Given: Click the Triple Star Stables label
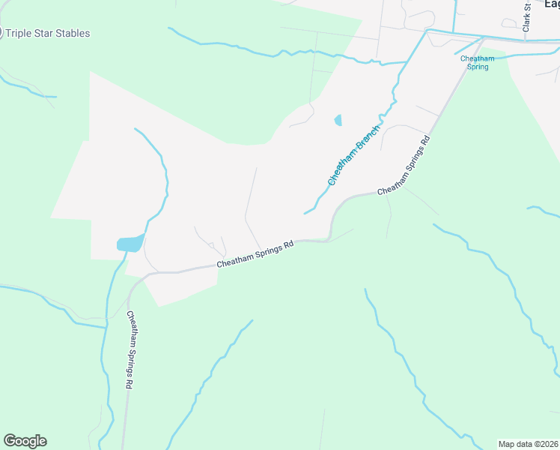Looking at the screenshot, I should (x=48, y=33).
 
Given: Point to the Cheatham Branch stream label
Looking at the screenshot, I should (x=354, y=155).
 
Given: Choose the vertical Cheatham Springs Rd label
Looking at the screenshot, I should (x=130, y=349).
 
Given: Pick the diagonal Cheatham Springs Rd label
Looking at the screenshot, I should (x=404, y=166).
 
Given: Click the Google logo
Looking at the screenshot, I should (x=25, y=441).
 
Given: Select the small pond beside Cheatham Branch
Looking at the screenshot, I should (x=338, y=120).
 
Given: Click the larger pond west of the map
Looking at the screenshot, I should (x=130, y=244).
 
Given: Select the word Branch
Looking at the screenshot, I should (x=368, y=137).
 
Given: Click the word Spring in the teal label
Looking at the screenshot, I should (x=478, y=67).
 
